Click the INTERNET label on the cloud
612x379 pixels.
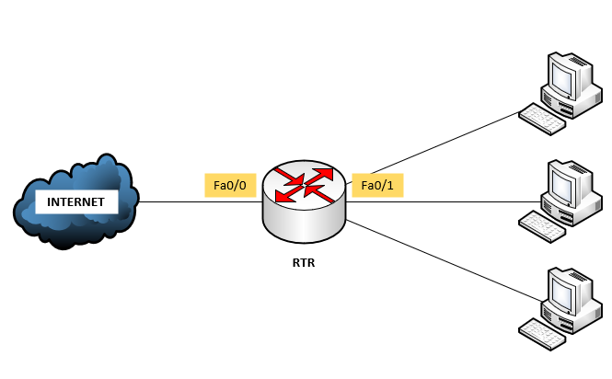(76, 201)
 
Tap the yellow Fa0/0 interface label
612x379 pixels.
(229, 186)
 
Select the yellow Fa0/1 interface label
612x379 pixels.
(377, 186)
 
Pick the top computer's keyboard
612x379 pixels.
(540, 118)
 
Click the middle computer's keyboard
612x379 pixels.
(540, 224)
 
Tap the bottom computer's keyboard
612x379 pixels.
(540, 331)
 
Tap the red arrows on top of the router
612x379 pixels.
(305, 183)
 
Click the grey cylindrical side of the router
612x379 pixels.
(305, 221)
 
